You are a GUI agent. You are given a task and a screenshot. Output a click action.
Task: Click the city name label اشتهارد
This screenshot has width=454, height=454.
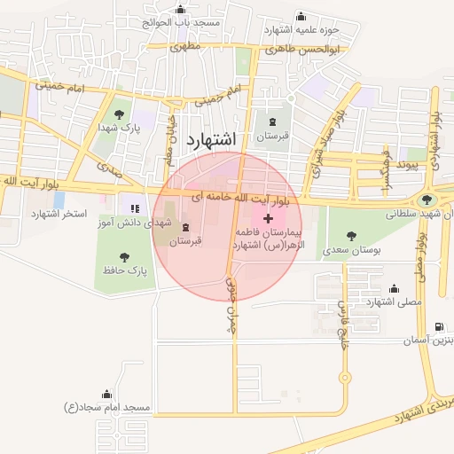[213, 139]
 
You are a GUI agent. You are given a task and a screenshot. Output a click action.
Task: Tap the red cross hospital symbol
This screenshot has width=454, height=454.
[269, 217]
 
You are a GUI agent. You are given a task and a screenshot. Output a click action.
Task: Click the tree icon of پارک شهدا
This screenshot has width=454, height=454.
[119, 114]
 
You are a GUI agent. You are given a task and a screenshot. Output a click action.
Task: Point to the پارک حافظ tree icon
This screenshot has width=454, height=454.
[124, 256]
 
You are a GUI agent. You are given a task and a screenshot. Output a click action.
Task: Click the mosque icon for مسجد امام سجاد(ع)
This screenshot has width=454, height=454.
[107, 395]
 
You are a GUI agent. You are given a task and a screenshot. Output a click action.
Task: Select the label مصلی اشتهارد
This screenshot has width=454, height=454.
[394, 302]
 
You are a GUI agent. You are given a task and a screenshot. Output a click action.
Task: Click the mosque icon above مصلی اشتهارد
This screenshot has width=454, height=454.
[394, 288]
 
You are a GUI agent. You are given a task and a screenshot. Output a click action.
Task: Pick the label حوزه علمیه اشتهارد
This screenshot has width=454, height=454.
[301, 29]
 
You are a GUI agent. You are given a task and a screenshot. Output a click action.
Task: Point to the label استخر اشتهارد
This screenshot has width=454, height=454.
[59, 215]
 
